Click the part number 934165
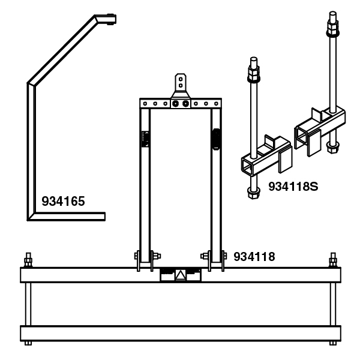pos(63,201)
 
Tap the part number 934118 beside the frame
pos(254,257)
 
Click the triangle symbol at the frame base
pos(179,275)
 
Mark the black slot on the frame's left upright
pos(144,139)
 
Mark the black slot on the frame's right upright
pos(216,139)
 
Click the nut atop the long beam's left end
pos(28,262)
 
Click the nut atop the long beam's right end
pos(332,262)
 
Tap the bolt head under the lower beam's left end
pos(28,343)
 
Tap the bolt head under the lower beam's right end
pos(332,343)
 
